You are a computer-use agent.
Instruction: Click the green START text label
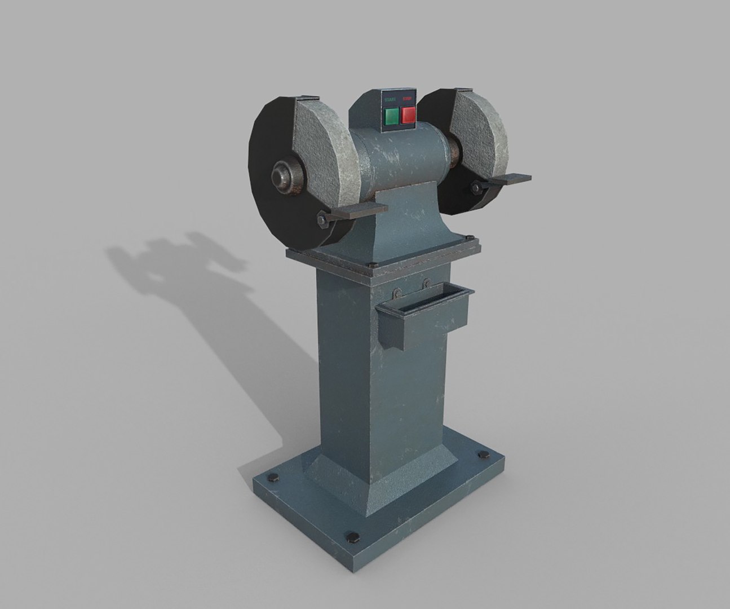coord(390,100)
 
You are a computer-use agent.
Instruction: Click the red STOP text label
coord(408,100)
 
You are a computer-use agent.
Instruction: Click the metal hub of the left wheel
coord(280,175)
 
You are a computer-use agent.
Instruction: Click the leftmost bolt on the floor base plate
coord(274,477)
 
